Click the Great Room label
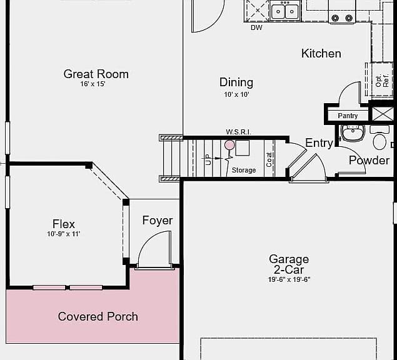(x=96, y=74)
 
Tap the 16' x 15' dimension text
(x=93, y=84)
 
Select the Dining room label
(x=236, y=82)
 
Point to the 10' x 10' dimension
(x=236, y=94)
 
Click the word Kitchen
(x=321, y=54)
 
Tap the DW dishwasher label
(x=256, y=27)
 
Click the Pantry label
(x=348, y=116)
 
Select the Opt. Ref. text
(x=382, y=81)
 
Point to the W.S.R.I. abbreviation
(x=238, y=132)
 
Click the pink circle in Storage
(x=229, y=145)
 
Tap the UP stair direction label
(x=208, y=159)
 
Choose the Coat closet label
(x=269, y=160)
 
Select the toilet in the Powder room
(x=379, y=137)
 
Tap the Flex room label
(x=64, y=224)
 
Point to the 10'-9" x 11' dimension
(x=64, y=234)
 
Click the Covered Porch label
(x=98, y=316)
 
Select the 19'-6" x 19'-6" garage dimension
(x=289, y=279)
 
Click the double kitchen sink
(x=285, y=11)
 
